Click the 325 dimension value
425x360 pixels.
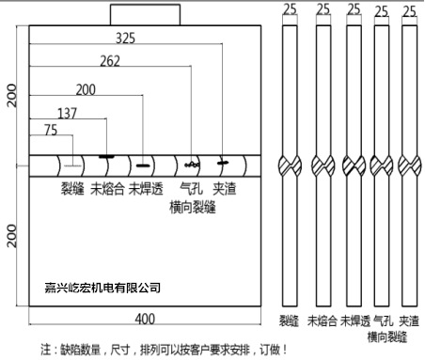click(x=125, y=39)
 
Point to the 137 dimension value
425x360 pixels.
click(x=67, y=112)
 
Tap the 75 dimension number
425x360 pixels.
click(x=50, y=131)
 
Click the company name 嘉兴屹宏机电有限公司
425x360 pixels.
click(x=103, y=288)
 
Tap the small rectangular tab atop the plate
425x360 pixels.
click(x=139, y=14)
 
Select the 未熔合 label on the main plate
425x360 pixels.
click(x=107, y=187)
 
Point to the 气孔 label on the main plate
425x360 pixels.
click(x=191, y=187)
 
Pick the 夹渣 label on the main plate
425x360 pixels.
click(x=224, y=187)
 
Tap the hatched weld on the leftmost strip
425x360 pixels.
click(x=291, y=166)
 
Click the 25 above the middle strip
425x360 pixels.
click(x=352, y=9)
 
